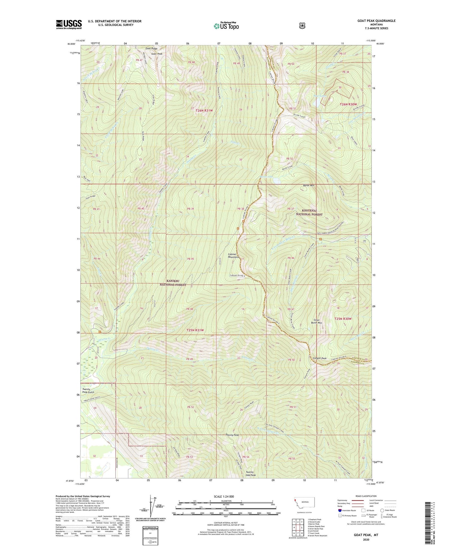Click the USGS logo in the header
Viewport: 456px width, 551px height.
[x=69, y=24]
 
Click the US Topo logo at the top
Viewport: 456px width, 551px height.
[x=226, y=26]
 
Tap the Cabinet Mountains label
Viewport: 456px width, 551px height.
[x=235, y=256]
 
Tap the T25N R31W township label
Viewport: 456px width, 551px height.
[x=195, y=330]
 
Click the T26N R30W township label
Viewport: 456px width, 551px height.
[x=348, y=104]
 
